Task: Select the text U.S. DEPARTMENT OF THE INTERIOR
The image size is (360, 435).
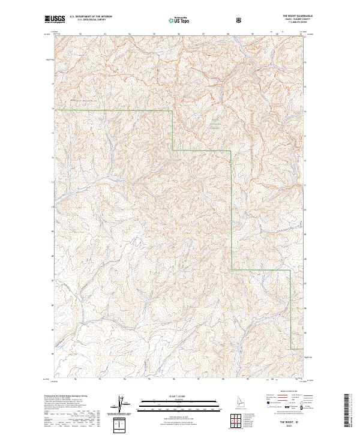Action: pos(91,17)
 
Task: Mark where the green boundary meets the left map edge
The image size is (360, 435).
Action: pos(53,110)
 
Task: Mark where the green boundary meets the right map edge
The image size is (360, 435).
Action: pos(306,349)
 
